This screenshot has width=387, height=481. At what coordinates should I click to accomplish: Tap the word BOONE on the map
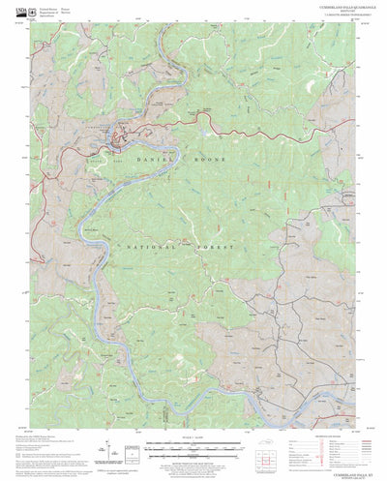coord(211,159)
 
